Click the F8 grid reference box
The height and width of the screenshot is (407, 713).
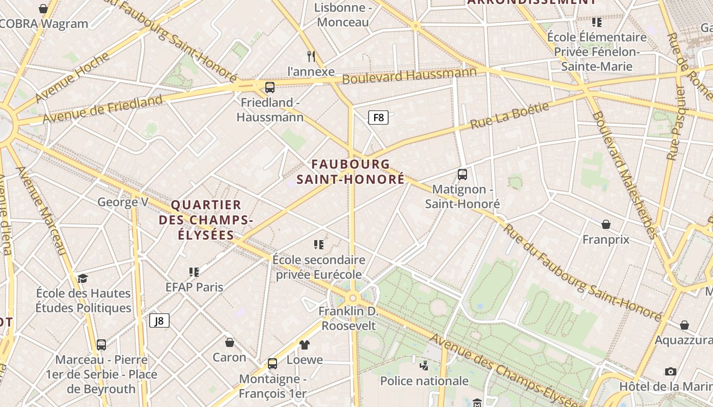(x=378, y=118)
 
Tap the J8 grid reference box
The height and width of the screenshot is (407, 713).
(x=159, y=321)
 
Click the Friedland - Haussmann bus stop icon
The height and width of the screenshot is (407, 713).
(x=270, y=88)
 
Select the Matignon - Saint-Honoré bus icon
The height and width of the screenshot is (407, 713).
(x=462, y=175)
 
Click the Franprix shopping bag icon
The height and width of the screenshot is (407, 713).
(x=606, y=224)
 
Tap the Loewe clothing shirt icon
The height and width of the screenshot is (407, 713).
(x=305, y=345)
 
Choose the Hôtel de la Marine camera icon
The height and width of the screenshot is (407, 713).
(x=671, y=371)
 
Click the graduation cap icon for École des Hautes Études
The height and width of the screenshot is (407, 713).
(x=83, y=278)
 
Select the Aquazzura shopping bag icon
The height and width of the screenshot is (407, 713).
(x=684, y=325)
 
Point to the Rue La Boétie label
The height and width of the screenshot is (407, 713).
(x=509, y=115)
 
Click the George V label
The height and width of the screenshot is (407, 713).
(x=123, y=202)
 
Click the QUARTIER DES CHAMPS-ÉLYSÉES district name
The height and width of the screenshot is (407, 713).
(x=206, y=220)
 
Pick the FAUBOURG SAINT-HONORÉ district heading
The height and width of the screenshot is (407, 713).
(x=351, y=171)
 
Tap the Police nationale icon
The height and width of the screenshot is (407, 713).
(x=424, y=365)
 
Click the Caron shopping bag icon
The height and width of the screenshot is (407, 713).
(x=230, y=342)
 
